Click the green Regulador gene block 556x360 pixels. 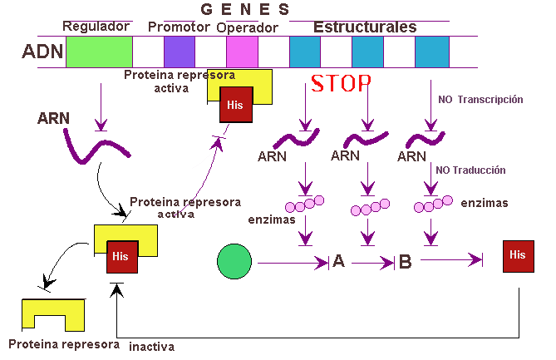click(99, 52)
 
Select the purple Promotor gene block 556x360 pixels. click(179, 52)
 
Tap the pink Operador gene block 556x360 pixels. click(242, 52)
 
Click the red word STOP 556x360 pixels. click(340, 84)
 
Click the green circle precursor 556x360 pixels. click(234, 263)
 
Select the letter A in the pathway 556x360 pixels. click(338, 263)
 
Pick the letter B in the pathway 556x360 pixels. click(405, 263)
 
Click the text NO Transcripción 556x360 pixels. click(480, 99)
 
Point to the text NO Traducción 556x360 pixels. click(471, 170)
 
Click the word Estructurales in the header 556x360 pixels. click(365, 27)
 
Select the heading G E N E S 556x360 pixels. click(245, 9)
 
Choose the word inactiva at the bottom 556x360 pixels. click(152, 346)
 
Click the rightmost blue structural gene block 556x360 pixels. click(431, 52)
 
